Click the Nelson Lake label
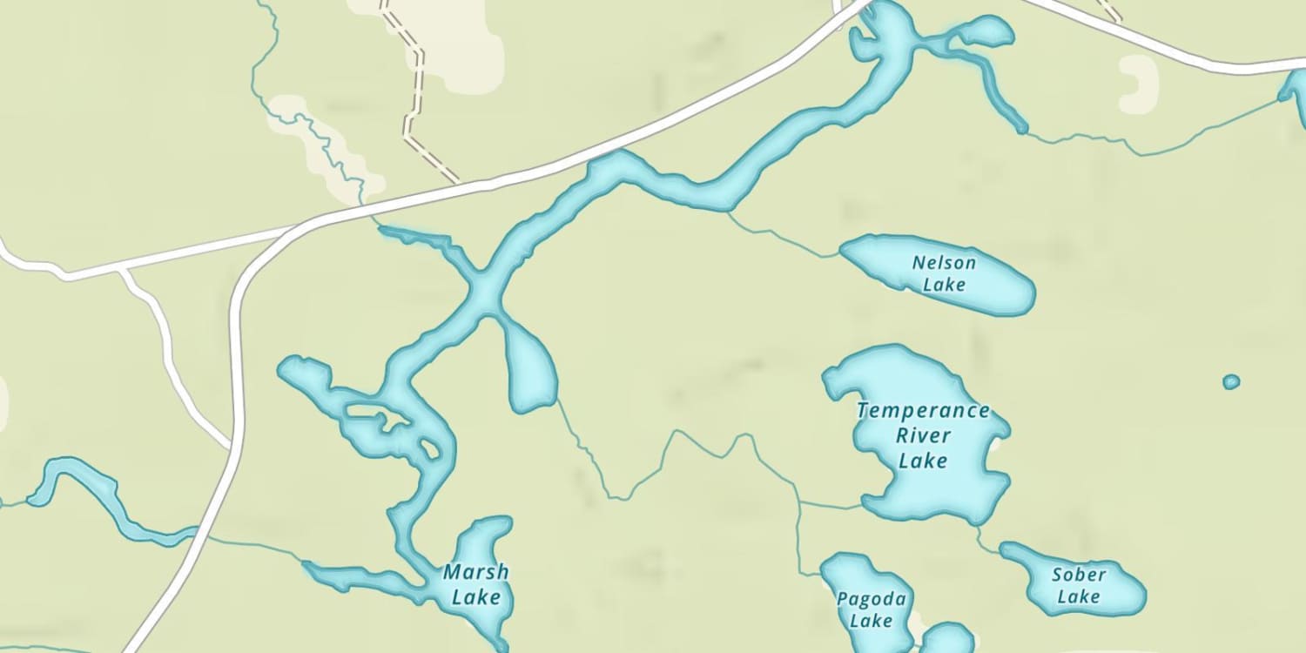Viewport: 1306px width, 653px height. point(944,273)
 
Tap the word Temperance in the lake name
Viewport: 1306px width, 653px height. point(923,411)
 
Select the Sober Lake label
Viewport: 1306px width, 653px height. point(1079,585)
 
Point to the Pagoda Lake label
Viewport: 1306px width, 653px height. point(871,609)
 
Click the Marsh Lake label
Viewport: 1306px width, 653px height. point(475,584)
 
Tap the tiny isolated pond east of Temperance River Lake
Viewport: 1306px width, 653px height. point(1230,381)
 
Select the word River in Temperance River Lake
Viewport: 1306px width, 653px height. point(923,435)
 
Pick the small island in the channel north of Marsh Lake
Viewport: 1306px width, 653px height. point(429,449)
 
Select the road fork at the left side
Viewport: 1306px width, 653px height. point(122,271)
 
